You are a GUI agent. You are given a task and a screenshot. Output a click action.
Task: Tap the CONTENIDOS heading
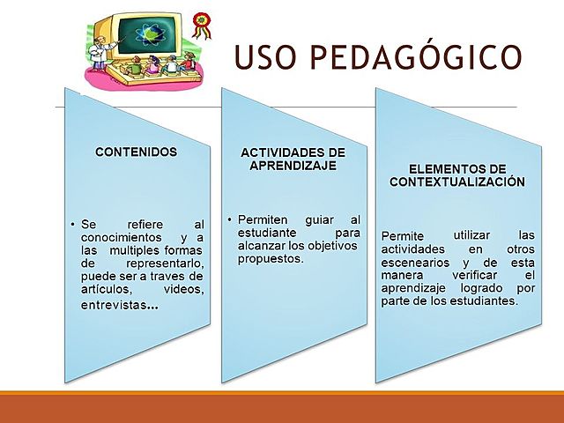pos(136,152)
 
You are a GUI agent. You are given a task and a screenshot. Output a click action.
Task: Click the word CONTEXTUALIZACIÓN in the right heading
pos(457,181)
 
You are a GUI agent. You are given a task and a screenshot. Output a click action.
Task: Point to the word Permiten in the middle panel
pos(263,219)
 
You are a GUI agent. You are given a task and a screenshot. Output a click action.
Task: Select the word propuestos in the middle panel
pos(264,258)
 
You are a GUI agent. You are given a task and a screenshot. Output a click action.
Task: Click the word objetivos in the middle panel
pos(325,245)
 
